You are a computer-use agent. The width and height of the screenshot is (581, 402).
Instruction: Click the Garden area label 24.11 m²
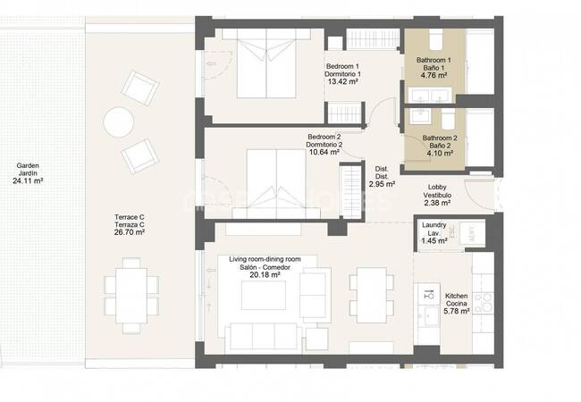point(28,181)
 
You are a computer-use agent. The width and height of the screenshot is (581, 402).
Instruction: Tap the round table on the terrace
point(119,122)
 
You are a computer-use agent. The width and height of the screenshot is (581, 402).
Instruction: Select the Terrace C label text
point(130,221)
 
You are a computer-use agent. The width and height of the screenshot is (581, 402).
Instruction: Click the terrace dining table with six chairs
point(131,296)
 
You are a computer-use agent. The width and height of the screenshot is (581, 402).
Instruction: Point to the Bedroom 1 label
point(342,71)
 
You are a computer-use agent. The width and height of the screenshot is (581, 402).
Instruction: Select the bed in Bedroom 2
point(276,184)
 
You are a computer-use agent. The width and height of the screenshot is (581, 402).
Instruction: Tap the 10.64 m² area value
point(323,152)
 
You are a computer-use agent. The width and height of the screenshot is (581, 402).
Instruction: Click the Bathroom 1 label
point(434,63)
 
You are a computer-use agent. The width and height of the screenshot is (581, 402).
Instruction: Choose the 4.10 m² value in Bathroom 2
point(440,154)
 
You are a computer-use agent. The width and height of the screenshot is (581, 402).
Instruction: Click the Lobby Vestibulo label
point(437,191)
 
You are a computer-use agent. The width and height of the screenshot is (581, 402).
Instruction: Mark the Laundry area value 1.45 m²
point(434,241)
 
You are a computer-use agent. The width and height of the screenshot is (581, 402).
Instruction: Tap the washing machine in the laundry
point(472,233)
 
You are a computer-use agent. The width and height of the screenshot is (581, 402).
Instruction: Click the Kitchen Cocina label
point(457,300)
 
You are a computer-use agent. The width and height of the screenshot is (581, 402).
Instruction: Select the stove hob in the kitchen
point(483,303)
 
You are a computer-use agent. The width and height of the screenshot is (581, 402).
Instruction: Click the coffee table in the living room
point(264,295)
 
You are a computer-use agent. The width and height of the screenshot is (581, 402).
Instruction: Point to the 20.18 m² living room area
point(265,275)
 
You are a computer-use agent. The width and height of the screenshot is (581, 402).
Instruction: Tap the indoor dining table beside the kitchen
point(372,295)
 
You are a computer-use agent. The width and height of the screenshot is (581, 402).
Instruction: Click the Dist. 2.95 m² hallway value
point(382,184)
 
